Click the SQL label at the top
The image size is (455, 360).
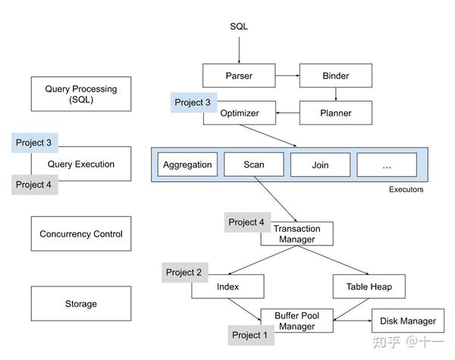coord(239,27)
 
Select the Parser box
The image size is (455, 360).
coord(238,76)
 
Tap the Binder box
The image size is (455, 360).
coord(335,76)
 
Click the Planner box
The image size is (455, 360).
coord(335,114)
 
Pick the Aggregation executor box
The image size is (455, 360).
coord(187,164)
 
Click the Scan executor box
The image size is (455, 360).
coord(253,164)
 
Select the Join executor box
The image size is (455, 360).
coord(320,164)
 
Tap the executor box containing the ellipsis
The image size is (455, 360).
coord(387,164)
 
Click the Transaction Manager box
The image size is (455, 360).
coord(297,234)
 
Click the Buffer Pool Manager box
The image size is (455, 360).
coord(297,321)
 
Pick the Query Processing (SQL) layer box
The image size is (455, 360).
coord(81,94)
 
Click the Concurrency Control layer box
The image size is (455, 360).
coord(81,234)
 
